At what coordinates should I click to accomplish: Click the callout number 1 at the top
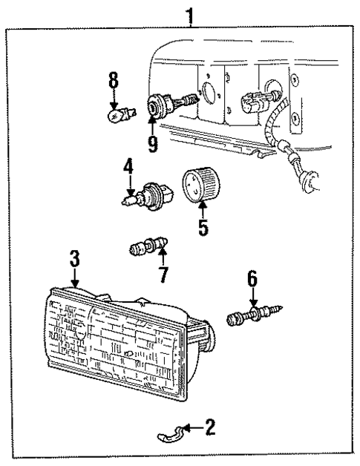pyautogui.click(x=192, y=14)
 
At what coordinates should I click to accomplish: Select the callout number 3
pyautogui.click(x=74, y=259)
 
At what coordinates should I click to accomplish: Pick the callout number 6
pyautogui.click(x=253, y=279)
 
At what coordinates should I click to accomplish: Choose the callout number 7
pyautogui.click(x=162, y=273)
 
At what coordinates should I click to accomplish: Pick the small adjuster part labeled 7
pyautogui.click(x=146, y=247)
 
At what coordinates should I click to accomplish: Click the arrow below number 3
pyautogui.click(x=75, y=278)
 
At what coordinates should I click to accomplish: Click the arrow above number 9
pyautogui.click(x=152, y=122)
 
